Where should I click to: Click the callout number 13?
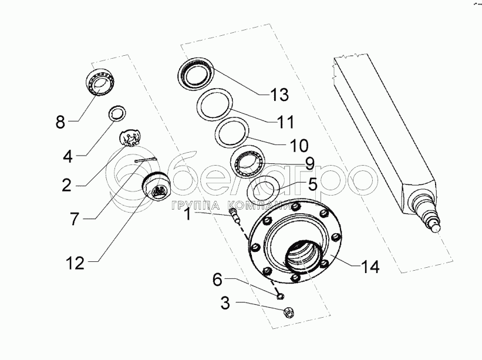279,94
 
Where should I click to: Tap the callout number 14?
370,267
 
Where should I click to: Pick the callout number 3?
225,304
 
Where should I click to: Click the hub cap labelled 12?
158,186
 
